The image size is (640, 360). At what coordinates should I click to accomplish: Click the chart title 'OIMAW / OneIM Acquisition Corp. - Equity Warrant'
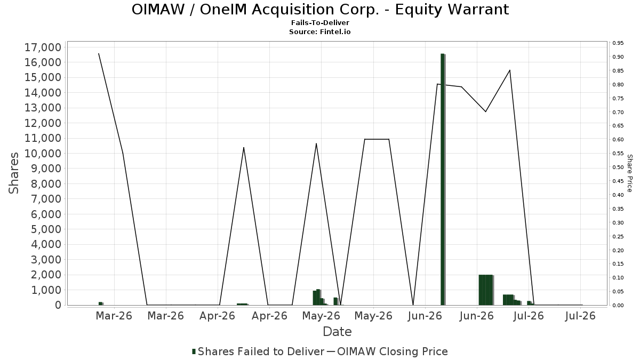320,10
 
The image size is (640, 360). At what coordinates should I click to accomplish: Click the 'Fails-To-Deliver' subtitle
320,22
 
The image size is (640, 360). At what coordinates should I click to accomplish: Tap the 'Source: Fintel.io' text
319,31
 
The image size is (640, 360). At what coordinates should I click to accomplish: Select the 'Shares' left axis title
13,173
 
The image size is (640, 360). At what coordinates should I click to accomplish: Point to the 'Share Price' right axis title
630,173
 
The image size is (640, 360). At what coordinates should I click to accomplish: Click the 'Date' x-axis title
337,332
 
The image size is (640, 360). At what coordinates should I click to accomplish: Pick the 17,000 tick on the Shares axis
43,47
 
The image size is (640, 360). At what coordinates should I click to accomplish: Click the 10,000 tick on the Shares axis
43,154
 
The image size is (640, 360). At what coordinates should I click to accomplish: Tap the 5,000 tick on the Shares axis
46,229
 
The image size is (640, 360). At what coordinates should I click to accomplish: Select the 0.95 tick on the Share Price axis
618,43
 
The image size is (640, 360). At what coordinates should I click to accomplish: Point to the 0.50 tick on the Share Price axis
618,167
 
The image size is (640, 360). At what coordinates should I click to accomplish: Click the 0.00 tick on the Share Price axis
618,306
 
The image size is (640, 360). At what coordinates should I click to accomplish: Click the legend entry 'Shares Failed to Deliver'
258,351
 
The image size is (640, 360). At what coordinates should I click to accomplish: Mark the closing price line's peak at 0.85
510,70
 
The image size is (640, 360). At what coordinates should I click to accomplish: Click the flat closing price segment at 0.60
377,139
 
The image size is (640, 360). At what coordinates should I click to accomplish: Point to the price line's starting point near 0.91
99,53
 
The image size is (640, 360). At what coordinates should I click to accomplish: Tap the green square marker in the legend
194,351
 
